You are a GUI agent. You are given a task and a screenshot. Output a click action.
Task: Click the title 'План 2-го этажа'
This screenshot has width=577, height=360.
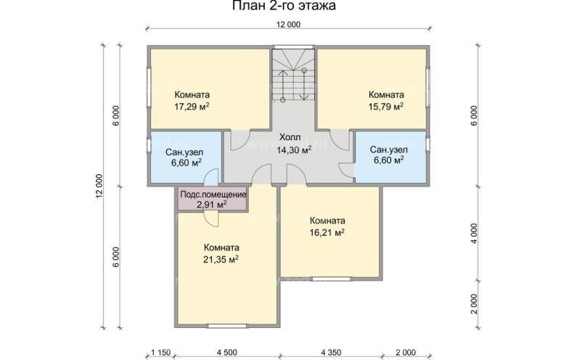click(x=288, y=7)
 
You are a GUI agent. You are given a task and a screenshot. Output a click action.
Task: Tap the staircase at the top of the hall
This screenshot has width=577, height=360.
click(x=294, y=76)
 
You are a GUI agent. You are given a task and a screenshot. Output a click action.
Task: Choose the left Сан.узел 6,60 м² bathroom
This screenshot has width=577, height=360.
click(x=184, y=157)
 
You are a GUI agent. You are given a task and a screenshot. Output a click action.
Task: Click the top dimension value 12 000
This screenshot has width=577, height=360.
click(x=288, y=24)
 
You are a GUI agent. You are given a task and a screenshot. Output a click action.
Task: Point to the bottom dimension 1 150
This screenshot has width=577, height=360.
click(x=160, y=352)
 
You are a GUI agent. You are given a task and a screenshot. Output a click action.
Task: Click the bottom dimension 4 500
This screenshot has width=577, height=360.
click(x=226, y=352)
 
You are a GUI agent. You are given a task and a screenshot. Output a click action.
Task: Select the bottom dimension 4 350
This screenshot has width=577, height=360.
click(x=331, y=352)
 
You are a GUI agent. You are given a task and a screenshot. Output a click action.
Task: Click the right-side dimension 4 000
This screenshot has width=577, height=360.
click(x=472, y=232)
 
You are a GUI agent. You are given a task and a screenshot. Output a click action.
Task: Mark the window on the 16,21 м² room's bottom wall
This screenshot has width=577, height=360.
click(x=330, y=279)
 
